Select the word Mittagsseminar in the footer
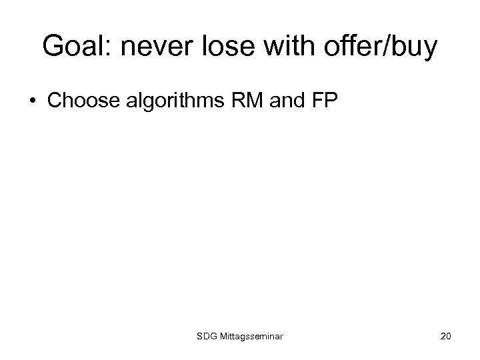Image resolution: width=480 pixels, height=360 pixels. [x=252, y=337]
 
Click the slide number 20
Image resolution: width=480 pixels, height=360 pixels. [x=445, y=337]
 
